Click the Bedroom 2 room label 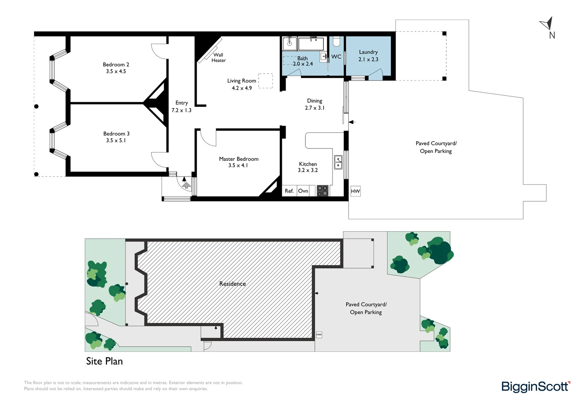116,65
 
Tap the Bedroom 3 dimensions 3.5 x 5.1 116,140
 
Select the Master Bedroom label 238,159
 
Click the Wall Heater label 218,58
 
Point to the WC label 336,57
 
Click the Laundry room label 368,52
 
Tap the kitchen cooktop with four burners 322,191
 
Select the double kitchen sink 338,162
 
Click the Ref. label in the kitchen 289,191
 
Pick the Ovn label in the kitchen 303,191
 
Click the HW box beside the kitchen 355,191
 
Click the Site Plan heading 104,361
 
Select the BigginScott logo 535,386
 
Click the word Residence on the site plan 232,284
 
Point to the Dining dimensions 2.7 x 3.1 314,108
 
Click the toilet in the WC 336,41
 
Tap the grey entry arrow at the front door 186,185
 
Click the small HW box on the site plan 319,334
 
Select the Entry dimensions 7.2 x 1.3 181,110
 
